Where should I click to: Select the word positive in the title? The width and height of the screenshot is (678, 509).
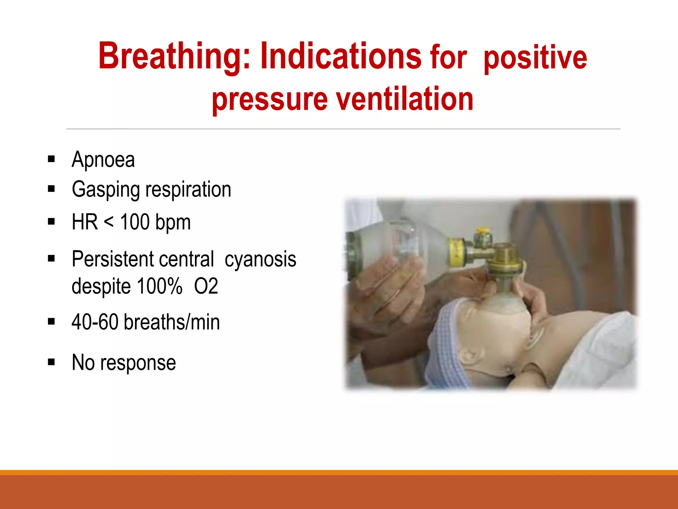[535, 58]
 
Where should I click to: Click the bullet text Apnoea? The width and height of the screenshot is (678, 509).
[103, 160]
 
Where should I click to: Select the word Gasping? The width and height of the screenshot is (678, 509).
[106, 190]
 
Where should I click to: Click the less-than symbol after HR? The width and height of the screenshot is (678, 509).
[109, 222]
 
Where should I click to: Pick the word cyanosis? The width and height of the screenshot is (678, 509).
[260, 259]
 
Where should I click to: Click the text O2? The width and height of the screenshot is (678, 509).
[206, 286]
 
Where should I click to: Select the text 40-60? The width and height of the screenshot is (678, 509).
[95, 322]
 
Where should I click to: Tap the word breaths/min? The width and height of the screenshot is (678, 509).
[171, 322]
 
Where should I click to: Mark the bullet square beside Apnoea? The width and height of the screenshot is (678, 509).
[51, 159]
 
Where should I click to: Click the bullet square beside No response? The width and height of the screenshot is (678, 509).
[51, 362]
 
